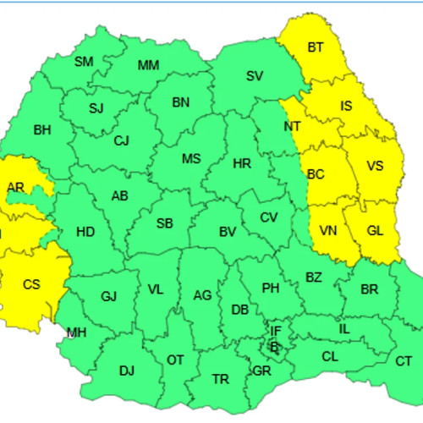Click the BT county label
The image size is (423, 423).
316,47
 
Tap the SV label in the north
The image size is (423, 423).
254,75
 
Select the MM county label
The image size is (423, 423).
148,65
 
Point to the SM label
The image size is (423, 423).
84,61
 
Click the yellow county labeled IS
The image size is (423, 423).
346,106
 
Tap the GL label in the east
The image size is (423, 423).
376,230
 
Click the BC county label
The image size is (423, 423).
316,174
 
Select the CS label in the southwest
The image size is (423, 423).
30,284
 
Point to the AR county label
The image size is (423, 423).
15,187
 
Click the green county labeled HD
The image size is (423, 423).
85,231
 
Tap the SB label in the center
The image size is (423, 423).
164,223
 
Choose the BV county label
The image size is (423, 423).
227,231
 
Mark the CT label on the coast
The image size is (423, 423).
404,360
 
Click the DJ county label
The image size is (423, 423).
127,370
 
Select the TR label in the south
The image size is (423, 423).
220,378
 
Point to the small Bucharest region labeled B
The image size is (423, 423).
272,345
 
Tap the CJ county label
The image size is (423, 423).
122,140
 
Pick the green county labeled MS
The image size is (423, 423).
191,158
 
